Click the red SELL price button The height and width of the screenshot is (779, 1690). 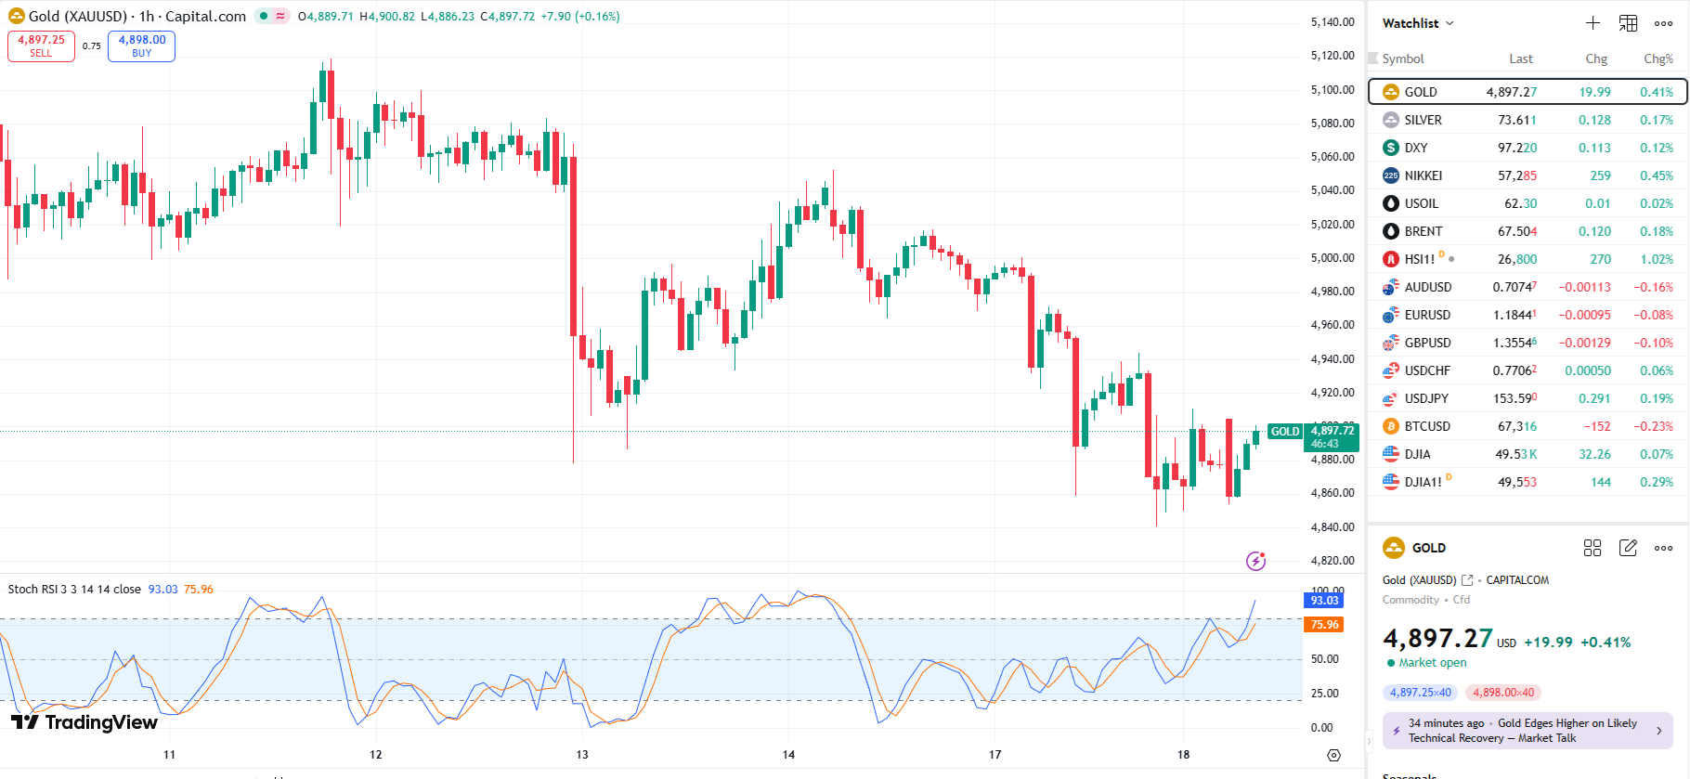click(41, 45)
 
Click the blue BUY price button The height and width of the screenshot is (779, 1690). click(141, 45)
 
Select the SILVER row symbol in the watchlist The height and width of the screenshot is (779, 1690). click(1423, 120)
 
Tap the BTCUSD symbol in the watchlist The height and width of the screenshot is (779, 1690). click(1426, 426)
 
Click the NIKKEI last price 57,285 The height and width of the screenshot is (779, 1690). click(1516, 175)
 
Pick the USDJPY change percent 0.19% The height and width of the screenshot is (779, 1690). click(1656, 398)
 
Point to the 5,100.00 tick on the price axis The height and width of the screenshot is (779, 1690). click(1332, 90)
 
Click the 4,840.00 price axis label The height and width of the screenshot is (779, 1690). click(1332, 527)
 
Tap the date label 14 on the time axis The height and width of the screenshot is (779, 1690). click(788, 754)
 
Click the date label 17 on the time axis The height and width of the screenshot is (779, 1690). click(994, 754)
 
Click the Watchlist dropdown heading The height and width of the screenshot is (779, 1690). click(1417, 23)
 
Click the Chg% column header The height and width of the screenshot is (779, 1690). click(1657, 58)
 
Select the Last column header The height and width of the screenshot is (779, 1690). click(1520, 58)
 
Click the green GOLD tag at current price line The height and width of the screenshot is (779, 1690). click(1284, 432)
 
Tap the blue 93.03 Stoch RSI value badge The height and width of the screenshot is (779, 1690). click(1324, 601)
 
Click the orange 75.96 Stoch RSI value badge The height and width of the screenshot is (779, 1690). click(1324, 625)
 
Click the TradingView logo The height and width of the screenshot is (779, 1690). click(84, 722)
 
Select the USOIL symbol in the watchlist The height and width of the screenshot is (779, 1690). click(1421, 203)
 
